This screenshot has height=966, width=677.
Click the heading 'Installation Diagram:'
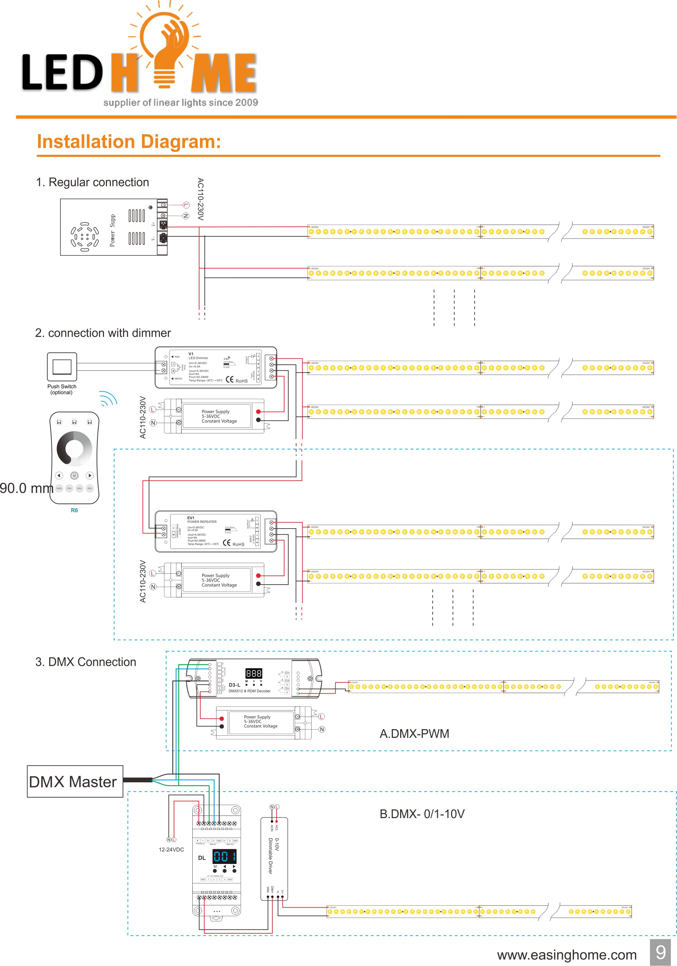point(129,142)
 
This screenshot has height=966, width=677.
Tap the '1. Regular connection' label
point(93,182)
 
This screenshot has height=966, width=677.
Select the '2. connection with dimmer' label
point(103,333)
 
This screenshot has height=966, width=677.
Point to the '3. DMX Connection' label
point(86,662)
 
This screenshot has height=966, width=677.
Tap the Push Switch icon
point(62,367)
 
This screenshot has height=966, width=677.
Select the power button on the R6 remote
point(74,475)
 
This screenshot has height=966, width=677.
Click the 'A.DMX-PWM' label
point(414,734)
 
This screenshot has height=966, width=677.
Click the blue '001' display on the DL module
point(224,856)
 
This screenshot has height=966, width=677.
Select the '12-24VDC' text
point(171,849)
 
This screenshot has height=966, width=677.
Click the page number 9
point(660,952)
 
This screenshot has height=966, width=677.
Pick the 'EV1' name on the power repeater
point(191,518)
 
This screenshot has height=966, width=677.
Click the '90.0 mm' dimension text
point(26,488)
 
